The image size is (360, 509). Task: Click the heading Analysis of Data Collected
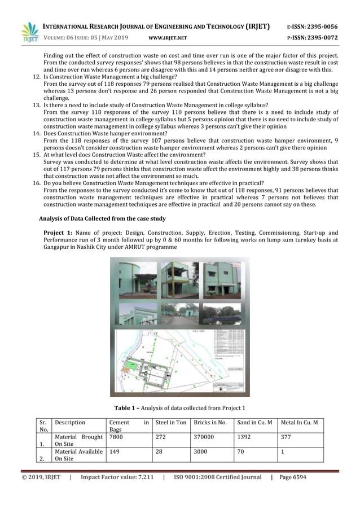102,218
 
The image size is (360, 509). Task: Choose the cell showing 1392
244,437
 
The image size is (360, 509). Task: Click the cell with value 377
286,437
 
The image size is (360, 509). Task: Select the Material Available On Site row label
78,455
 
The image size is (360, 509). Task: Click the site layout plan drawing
179,359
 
